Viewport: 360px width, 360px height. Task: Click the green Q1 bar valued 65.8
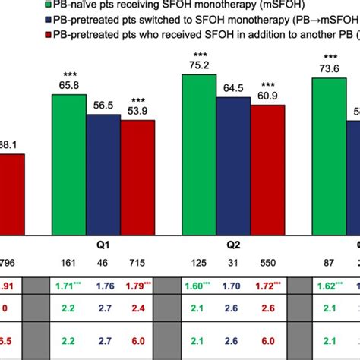coord(68,167)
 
